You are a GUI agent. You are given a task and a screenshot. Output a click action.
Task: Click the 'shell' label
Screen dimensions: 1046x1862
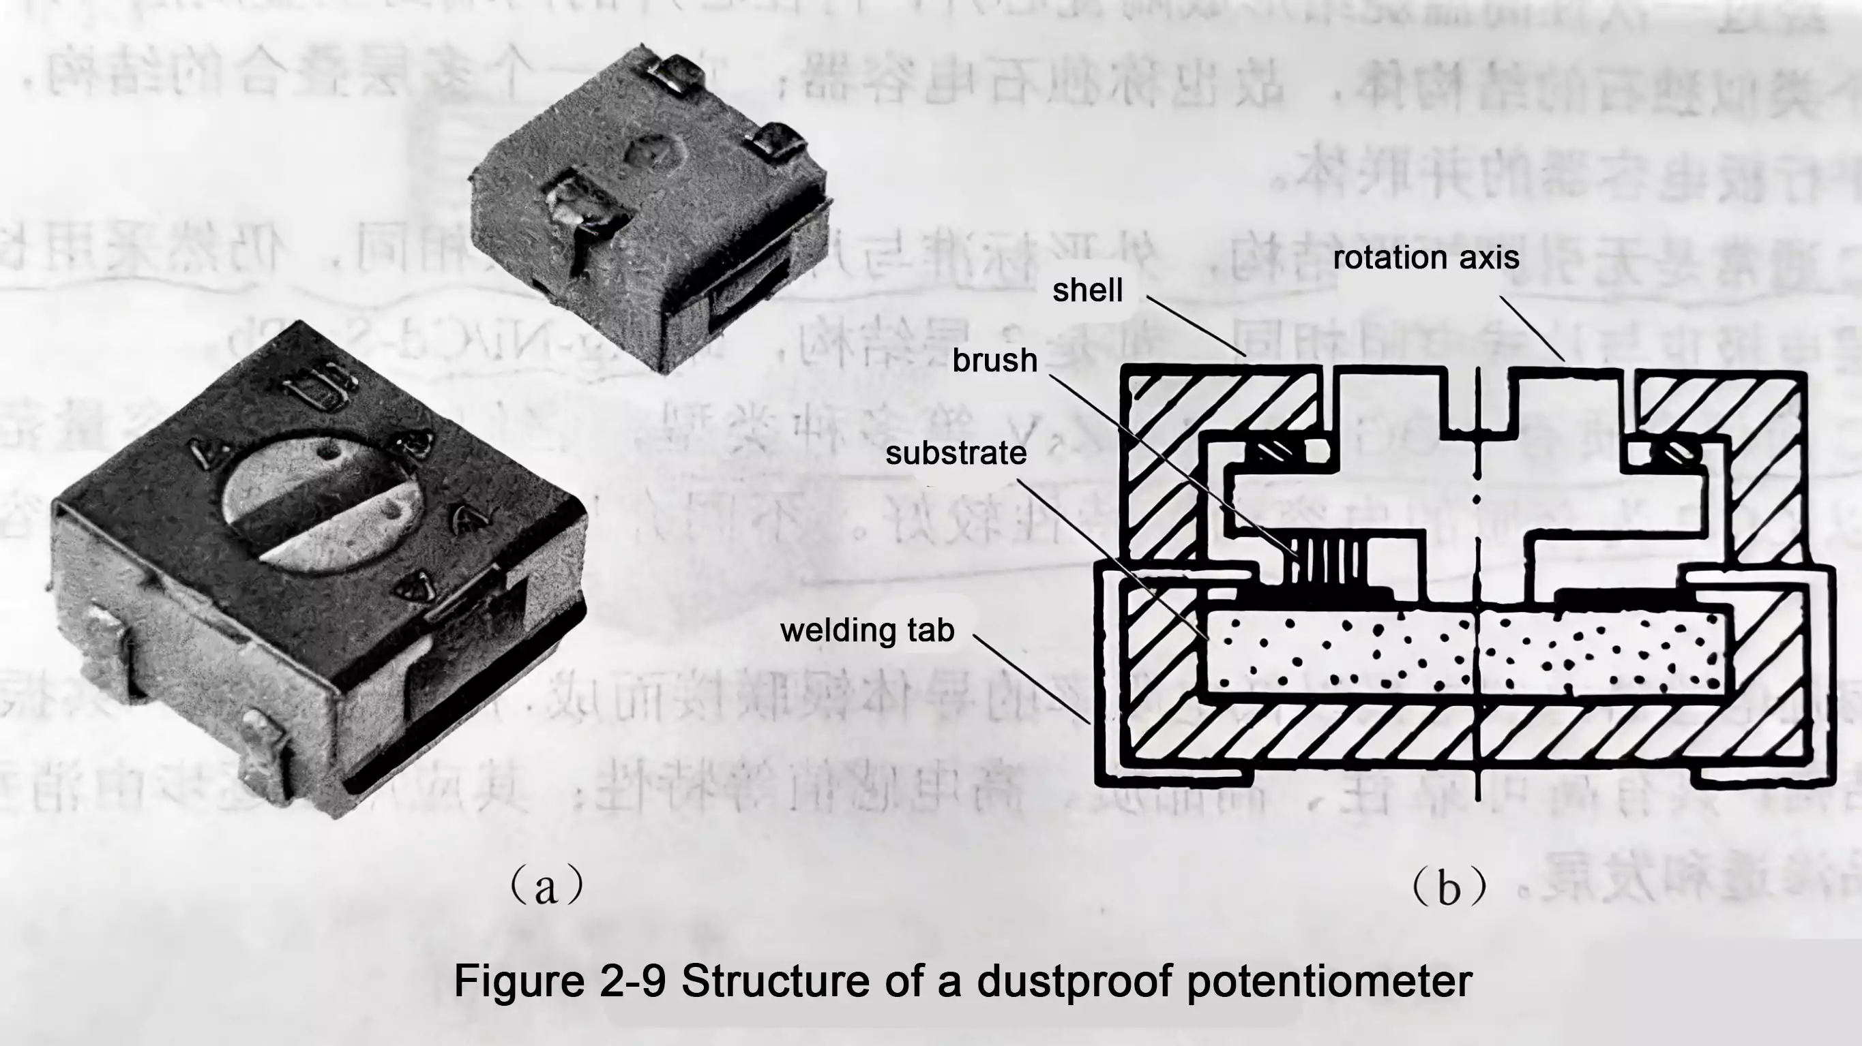pyautogui.click(x=1087, y=290)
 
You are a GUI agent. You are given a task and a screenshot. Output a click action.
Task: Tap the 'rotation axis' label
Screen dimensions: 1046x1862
pyautogui.click(x=1425, y=258)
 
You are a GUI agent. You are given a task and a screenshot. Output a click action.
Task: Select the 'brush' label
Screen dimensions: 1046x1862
pyautogui.click(x=994, y=360)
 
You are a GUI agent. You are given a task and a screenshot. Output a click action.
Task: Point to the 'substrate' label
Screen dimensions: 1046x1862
pyautogui.click(x=956, y=454)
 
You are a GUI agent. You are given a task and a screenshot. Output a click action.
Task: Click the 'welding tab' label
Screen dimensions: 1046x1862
pyautogui.click(x=868, y=630)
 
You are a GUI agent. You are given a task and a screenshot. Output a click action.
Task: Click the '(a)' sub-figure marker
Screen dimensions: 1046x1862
pyautogui.click(x=546, y=886)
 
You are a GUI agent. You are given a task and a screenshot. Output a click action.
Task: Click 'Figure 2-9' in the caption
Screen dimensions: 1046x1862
pyautogui.click(x=559, y=981)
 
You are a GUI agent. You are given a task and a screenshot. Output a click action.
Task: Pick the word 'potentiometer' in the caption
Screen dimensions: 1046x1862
pyautogui.click(x=1329, y=981)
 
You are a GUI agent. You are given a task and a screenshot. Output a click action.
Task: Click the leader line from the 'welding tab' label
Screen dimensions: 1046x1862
pyautogui.click(x=1031, y=678)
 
